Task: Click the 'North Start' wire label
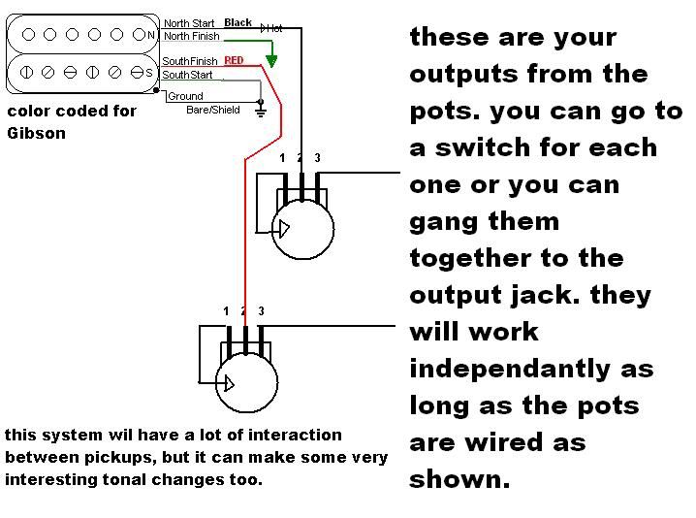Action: point(190,23)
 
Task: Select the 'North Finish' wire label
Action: point(192,36)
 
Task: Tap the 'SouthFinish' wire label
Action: point(190,61)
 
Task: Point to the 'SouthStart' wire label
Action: point(188,75)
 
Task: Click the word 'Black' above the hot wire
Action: point(237,22)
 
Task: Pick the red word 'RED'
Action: point(234,60)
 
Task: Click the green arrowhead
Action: point(271,61)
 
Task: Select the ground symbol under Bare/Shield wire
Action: point(260,112)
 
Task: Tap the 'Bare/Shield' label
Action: point(211,110)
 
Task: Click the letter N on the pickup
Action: point(150,36)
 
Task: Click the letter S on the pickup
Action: point(149,74)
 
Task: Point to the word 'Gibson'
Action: point(36,133)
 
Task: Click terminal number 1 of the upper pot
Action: point(282,158)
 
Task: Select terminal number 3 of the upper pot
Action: point(317,158)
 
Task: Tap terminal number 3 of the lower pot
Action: point(261,311)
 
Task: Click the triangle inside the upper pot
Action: point(283,229)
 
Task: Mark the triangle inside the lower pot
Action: point(227,382)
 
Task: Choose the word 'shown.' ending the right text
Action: point(459,479)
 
